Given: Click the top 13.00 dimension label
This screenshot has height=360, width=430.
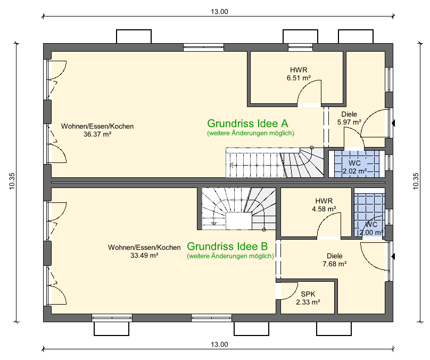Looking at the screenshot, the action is coord(219,11).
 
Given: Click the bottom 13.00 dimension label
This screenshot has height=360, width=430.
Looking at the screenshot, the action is coord(219,345).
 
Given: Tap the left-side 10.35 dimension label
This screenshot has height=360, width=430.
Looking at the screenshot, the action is coord(12,181).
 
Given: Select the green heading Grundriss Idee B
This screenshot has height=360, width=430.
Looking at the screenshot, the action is coord(227,247).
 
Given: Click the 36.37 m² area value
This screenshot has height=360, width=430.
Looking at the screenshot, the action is coord(97,134).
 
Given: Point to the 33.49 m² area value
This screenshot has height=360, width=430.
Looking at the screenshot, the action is coord(145,255).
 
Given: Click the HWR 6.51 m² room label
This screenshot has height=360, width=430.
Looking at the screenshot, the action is coord(299,73).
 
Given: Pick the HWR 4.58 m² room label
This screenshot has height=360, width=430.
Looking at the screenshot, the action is coord(324,204).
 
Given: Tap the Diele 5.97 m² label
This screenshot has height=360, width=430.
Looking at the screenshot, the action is coord(349,118).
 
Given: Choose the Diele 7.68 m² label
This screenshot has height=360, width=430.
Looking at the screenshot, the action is coord(335,259).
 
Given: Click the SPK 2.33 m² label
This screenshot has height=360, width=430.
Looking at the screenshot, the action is coord(308,298).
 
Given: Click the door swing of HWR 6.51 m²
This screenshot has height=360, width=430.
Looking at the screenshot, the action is coord(309,92).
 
